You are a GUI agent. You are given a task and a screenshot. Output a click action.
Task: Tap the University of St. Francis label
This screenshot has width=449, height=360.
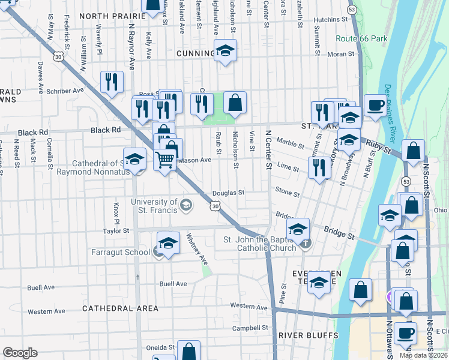(x=154, y=206)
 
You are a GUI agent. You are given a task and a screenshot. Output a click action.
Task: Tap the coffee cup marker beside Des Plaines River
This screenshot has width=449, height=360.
(x=376, y=106)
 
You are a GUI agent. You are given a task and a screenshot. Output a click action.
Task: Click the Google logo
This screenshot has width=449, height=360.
(x=20, y=353)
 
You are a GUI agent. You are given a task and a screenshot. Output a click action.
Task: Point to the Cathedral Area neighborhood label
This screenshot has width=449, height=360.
(x=121, y=308)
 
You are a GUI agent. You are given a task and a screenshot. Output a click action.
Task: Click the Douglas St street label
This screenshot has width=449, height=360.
(x=229, y=193)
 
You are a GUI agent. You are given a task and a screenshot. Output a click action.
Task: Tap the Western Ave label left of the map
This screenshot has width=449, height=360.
(x=46, y=311)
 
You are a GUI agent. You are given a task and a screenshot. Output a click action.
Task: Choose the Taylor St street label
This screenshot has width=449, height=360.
(x=116, y=230)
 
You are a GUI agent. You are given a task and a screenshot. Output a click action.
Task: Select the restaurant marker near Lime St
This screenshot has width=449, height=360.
(x=319, y=167)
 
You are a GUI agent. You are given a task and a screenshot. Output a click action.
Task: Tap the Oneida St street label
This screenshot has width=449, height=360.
(x=160, y=347)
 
